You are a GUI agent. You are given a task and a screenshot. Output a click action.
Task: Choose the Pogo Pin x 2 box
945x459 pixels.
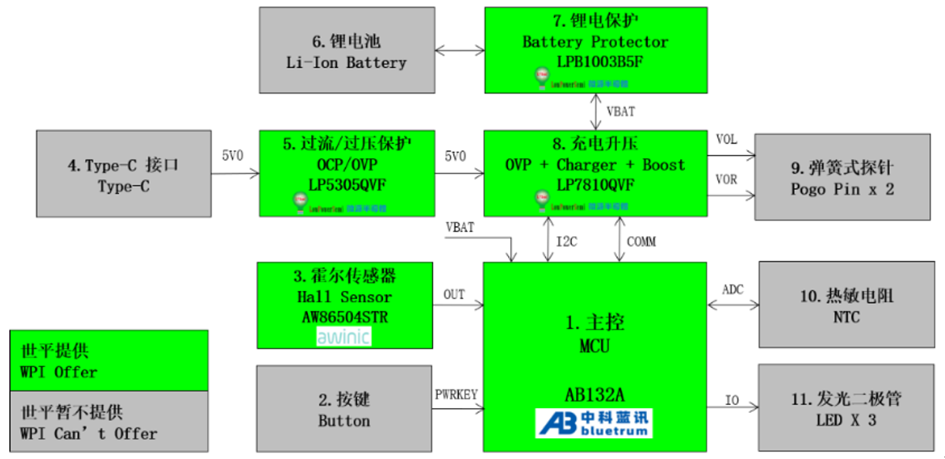click(842, 177)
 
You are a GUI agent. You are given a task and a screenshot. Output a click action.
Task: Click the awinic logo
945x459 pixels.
click(344, 336)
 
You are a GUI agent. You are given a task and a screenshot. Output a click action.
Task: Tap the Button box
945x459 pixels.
click(344, 410)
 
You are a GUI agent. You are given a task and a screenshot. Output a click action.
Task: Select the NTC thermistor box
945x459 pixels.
click(847, 305)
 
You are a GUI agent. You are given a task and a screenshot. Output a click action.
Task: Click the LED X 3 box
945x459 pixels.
click(847, 409)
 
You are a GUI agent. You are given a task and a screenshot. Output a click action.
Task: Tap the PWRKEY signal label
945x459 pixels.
click(457, 394)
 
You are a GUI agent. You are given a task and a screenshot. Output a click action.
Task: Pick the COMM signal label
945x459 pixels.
click(640, 241)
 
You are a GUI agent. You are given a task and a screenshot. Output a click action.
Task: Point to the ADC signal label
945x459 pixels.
click(733, 289)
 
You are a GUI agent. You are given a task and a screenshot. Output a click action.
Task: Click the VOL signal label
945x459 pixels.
click(727, 139)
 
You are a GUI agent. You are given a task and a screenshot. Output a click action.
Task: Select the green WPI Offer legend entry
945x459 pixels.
click(109, 361)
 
